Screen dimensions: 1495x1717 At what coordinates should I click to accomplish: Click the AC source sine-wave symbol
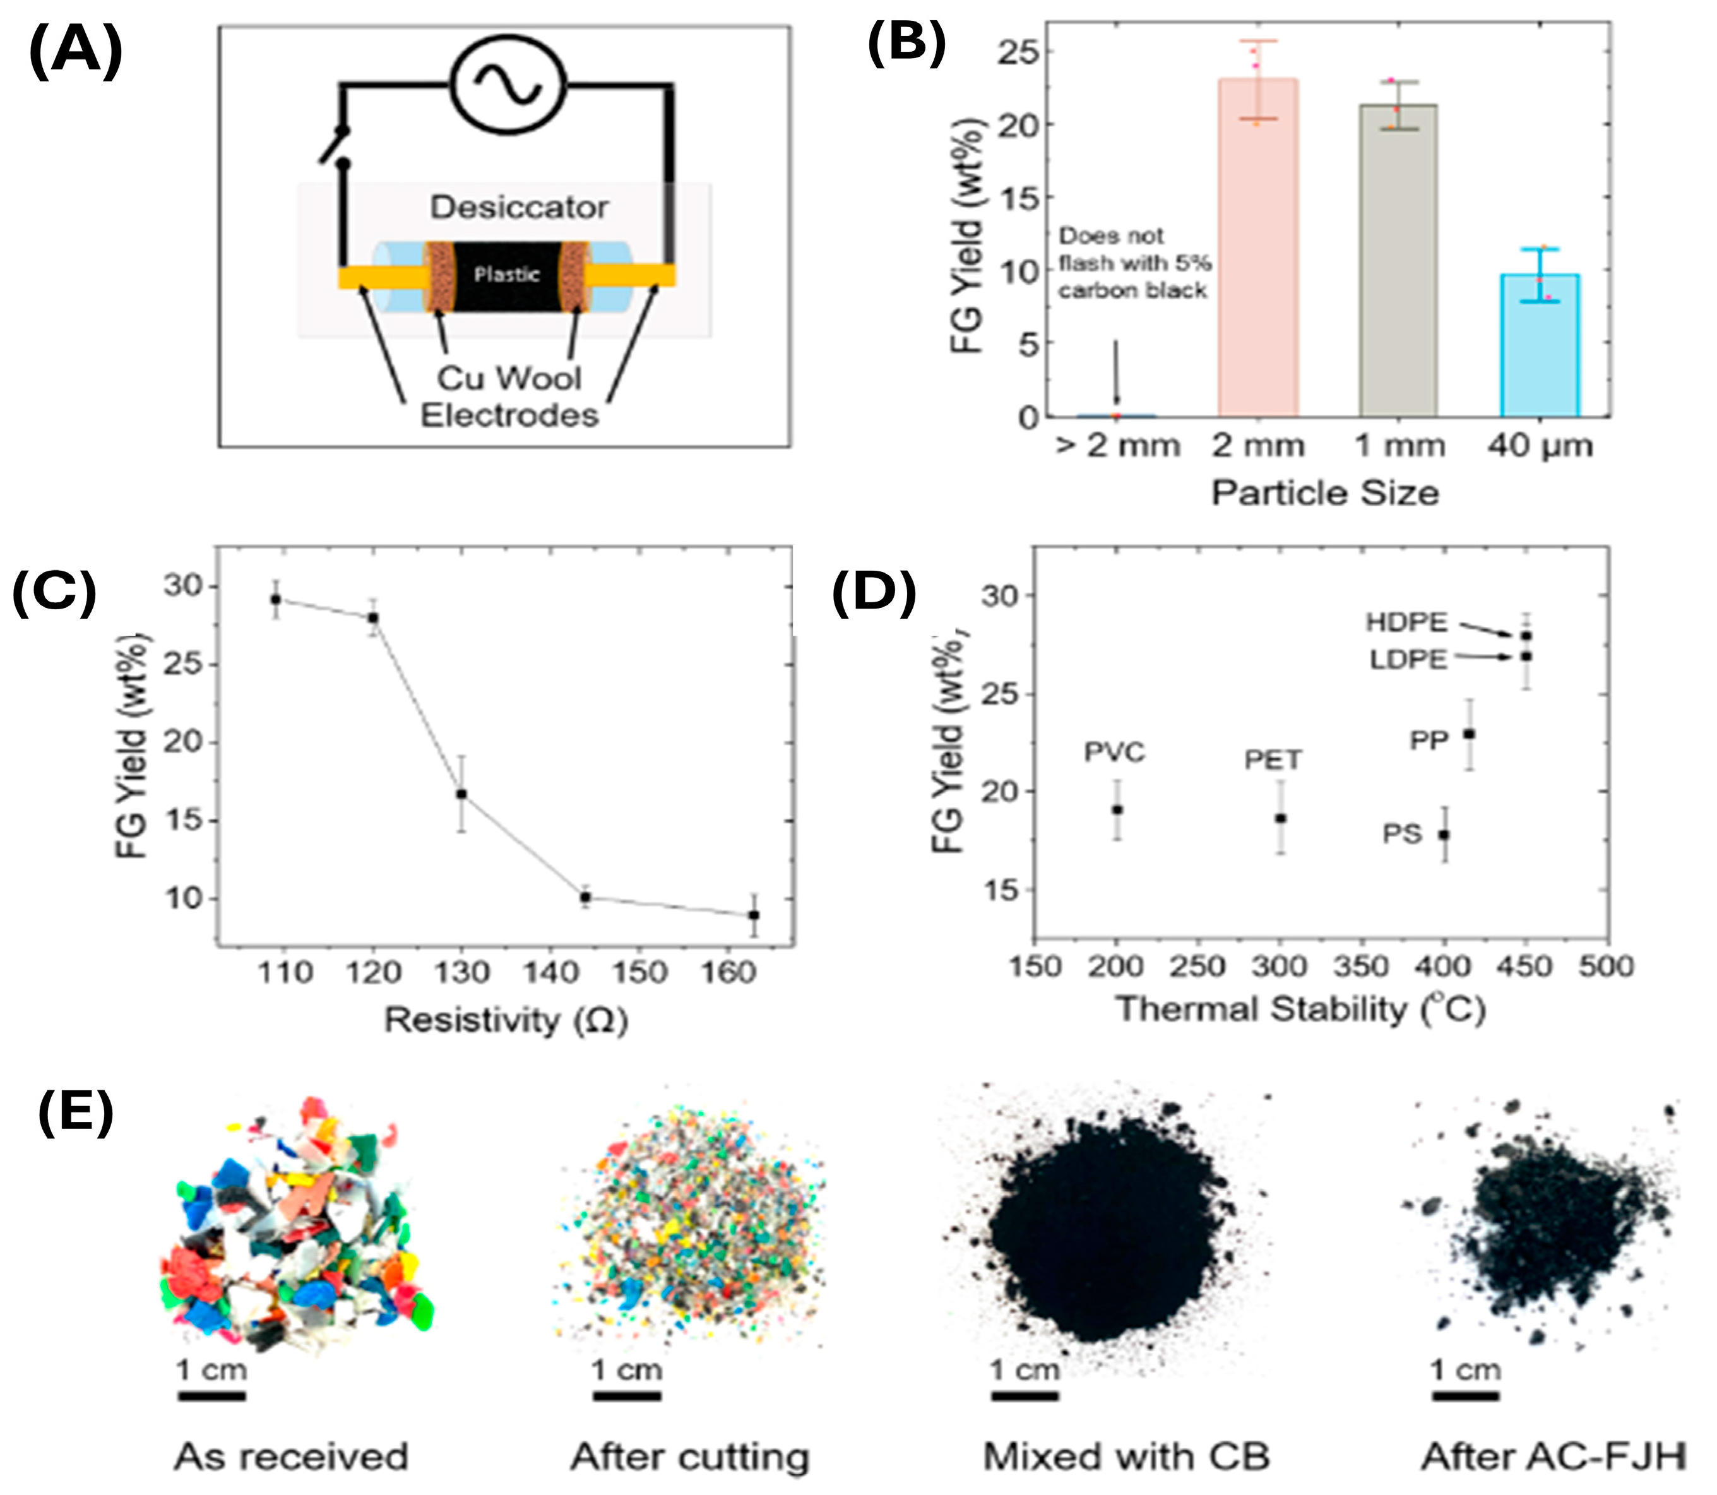pos(508,84)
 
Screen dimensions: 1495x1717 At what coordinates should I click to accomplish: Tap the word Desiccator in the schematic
pos(519,207)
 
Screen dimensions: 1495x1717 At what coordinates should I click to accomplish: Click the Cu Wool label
pos(509,378)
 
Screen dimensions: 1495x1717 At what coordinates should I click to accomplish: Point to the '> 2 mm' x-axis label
pos(1118,446)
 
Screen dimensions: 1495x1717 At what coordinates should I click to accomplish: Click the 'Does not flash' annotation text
pos(1134,263)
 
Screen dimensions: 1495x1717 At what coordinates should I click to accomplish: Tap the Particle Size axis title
pos(1325,493)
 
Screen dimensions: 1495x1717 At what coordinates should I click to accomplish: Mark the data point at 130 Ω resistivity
pos(461,794)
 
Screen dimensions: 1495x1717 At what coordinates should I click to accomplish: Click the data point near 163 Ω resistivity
pos(753,915)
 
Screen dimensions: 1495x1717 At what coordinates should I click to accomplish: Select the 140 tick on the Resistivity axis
pos(550,972)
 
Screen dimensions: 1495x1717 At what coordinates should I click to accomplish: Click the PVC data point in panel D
pos(1117,809)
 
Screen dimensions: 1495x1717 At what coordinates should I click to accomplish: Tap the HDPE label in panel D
pos(1406,621)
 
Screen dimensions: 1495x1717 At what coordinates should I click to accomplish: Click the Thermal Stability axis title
pos(1300,1010)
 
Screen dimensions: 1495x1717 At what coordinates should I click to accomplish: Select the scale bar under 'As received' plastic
pos(211,1396)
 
